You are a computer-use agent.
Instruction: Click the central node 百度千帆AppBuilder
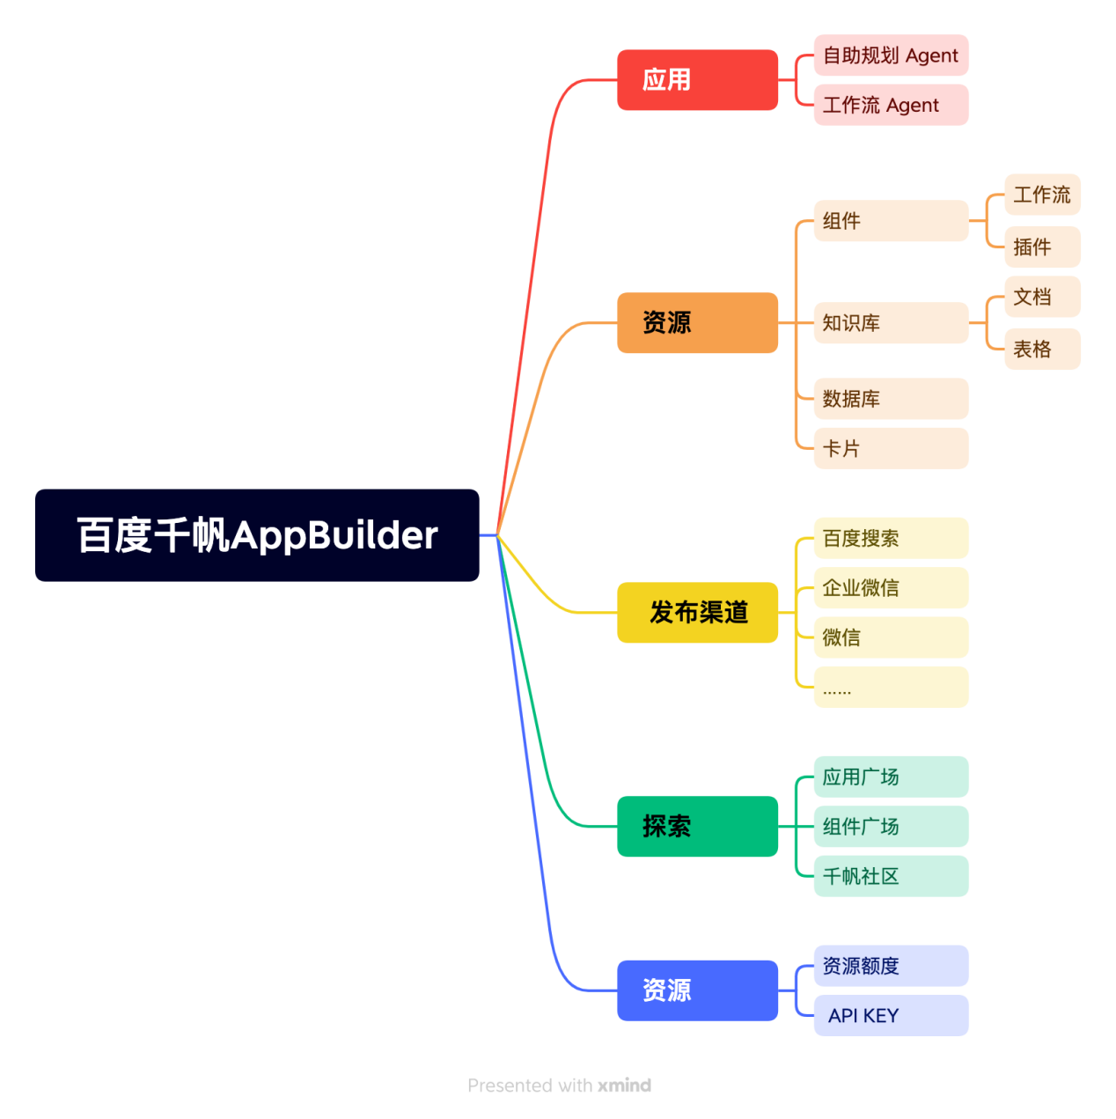[257, 535]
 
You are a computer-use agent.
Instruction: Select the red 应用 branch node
[697, 80]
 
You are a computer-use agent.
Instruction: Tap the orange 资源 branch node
[697, 323]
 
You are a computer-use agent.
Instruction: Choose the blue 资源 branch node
[697, 990]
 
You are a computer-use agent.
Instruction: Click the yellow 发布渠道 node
[697, 613]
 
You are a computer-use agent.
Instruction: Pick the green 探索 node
[697, 827]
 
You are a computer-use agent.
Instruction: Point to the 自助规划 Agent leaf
[891, 55]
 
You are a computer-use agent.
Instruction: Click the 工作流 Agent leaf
[891, 106]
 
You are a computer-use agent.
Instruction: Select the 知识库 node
[891, 323]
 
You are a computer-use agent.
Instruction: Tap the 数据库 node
[891, 399]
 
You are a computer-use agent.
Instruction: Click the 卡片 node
[891, 449]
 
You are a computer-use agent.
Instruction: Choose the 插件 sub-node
[1042, 247]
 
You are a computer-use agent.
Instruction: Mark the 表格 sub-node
[1042, 350]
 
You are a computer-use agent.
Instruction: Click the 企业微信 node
[891, 588]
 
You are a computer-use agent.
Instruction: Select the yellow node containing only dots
[891, 688]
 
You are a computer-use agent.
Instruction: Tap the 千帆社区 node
[891, 877]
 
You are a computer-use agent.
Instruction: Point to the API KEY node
[891, 1016]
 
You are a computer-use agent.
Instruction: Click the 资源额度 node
[891, 966]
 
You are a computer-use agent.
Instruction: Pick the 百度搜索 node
[891, 539]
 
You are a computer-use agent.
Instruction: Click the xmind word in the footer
[624, 1086]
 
